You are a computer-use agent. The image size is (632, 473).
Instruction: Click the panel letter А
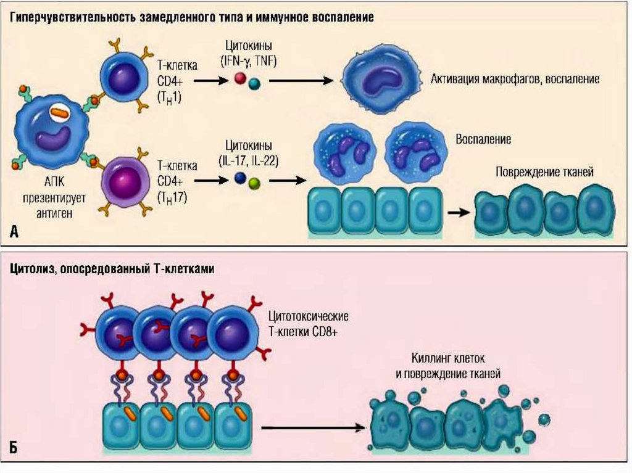(15, 231)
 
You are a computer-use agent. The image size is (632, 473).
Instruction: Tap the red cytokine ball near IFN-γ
(239, 78)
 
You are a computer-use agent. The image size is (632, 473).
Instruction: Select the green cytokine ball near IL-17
(254, 183)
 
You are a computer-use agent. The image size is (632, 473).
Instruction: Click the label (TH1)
(170, 96)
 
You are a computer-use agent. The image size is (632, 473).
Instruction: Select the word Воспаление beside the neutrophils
(483, 139)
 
